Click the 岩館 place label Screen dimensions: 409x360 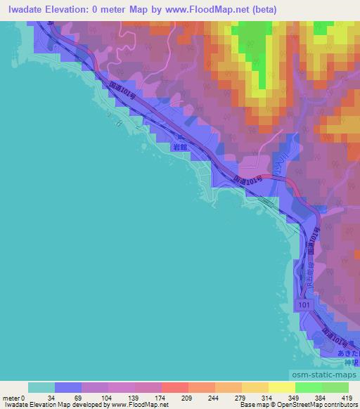(180, 148)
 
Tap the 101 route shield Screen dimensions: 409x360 (302, 305)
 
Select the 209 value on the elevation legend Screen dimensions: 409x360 (188, 397)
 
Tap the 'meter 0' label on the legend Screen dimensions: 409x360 (14, 397)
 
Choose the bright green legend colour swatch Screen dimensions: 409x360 (308, 387)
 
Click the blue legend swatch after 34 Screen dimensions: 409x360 (68, 387)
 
